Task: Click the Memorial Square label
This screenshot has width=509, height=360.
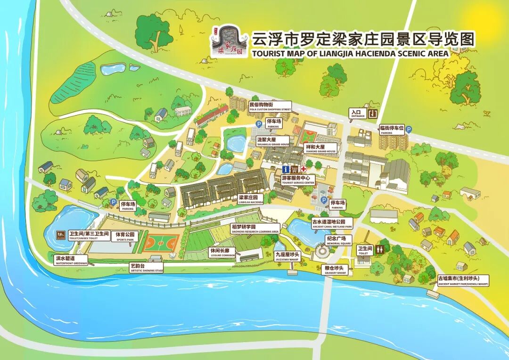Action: [x=339, y=240]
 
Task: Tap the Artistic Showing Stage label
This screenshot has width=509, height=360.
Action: [x=147, y=268]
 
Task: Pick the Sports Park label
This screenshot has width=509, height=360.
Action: [x=125, y=236]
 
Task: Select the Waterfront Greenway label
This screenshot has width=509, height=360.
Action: [x=71, y=261]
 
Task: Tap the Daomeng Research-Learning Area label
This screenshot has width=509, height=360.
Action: [x=255, y=229]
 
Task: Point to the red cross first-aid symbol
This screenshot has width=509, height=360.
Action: [x=304, y=168]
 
